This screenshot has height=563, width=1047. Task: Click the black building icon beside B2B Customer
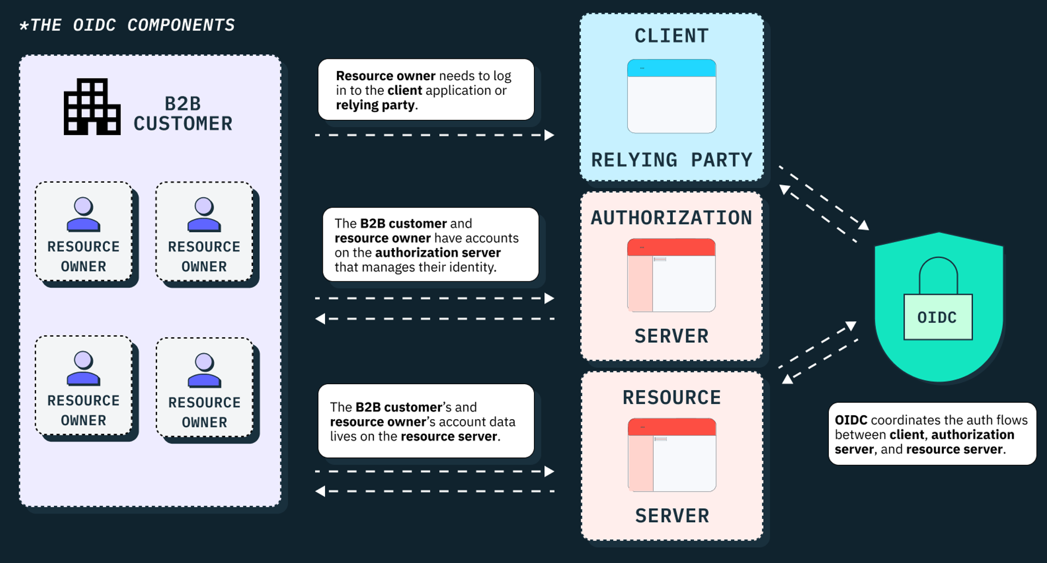coord(92,107)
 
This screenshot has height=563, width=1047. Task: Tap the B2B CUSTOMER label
coord(183,113)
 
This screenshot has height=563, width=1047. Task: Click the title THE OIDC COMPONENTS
coord(127,25)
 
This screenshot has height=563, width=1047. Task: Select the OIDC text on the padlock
coord(937,318)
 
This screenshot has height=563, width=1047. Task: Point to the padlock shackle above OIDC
coord(938,273)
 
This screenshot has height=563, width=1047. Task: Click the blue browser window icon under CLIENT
coord(671,96)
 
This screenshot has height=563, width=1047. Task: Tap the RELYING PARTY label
coord(671,160)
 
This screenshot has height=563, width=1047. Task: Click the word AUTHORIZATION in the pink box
coord(671,218)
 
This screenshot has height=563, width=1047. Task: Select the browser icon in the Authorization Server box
coord(671,275)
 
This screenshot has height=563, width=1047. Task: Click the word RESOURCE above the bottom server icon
coord(671,398)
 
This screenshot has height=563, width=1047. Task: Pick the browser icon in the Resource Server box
coord(672,455)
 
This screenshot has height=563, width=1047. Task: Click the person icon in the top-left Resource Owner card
coord(83,214)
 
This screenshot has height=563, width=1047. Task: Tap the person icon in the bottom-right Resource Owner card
coord(204,370)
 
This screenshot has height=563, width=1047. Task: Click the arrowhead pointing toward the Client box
coord(550,135)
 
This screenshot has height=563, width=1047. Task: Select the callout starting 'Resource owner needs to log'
coord(426,90)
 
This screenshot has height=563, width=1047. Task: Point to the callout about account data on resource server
coord(426,421)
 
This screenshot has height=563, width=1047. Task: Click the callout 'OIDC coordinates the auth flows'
coord(931,434)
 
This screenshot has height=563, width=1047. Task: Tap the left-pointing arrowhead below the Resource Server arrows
coord(320,491)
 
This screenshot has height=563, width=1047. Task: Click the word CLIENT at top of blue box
coord(671,36)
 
